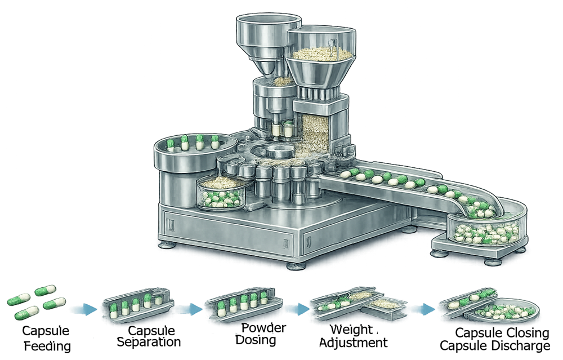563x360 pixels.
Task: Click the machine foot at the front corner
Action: (x=294, y=265)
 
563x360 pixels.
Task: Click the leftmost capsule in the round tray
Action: (x=171, y=145)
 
